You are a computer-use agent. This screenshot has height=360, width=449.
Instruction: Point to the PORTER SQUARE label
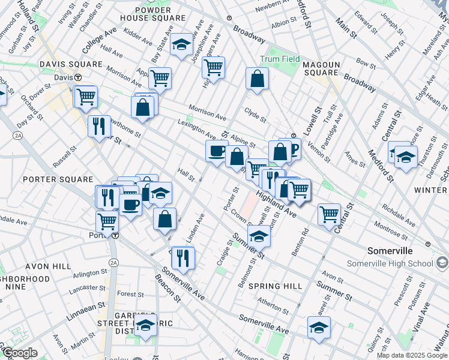[x=58, y=179]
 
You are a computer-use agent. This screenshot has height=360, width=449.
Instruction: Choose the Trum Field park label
[x=280, y=59]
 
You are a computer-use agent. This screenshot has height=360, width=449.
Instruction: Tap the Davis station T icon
[x=77, y=77]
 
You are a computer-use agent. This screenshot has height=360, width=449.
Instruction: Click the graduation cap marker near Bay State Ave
[x=181, y=44]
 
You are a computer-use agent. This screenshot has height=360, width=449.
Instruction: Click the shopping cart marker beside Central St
[x=329, y=214]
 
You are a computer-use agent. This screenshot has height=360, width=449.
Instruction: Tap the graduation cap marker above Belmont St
[x=259, y=236]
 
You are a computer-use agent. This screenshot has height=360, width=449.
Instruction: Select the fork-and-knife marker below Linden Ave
[x=183, y=257]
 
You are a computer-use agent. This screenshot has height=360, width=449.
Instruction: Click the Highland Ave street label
[x=276, y=204]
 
